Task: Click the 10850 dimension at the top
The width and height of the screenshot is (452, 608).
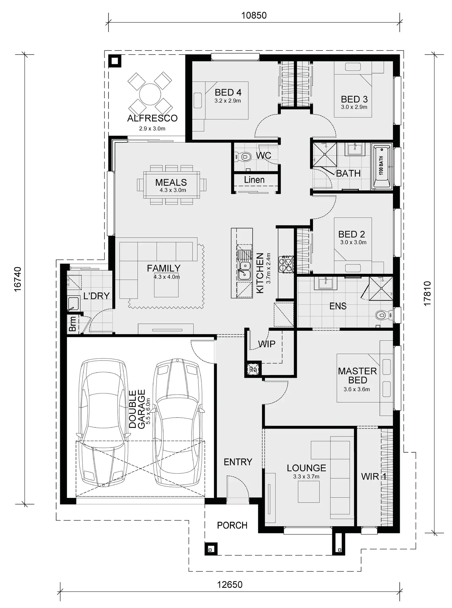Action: click(x=254, y=15)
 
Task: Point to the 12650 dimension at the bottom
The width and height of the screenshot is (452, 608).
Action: click(x=230, y=584)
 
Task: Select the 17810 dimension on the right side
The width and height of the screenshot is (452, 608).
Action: click(x=427, y=293)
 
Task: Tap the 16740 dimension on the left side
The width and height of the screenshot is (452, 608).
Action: click(x=18, y=279)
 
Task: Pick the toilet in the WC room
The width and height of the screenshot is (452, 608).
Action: click(x=244, y=157)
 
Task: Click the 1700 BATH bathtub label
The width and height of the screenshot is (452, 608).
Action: click(x=381, y=165)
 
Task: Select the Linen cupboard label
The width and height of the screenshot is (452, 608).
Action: click(x=254, y=180)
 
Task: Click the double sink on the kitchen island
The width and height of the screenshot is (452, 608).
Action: click(x=244, y=270)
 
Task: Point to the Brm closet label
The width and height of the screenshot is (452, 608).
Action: click(x=72, y=324)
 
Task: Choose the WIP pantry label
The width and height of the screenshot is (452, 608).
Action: click(x=267, y=344)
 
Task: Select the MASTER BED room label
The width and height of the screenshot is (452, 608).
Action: click(x=357, y=375)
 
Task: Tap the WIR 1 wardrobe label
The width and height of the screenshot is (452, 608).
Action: click(x=373, y=476)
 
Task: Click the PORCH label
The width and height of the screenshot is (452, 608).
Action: click(x=232, y=525)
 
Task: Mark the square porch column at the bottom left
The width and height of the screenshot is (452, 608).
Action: click(x=211, y=549)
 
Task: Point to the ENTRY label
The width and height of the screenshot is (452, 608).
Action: click(x=238, y=462)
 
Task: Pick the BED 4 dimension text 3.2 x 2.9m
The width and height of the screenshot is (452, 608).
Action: click(x=228, y=101)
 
